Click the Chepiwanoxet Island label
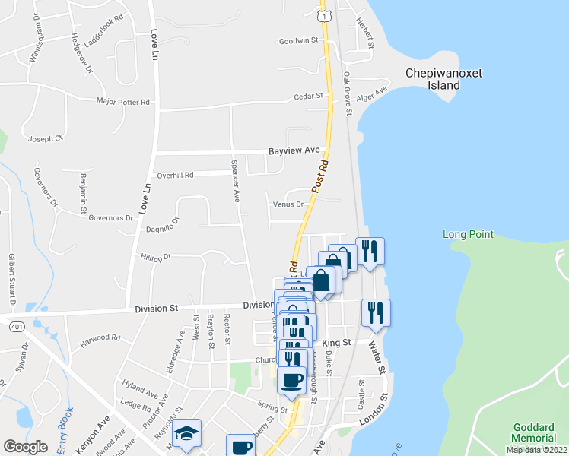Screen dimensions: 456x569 [x=443, y=80]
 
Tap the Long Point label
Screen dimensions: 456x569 [x=469, y=235]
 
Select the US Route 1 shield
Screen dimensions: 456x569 [x=324, y=15]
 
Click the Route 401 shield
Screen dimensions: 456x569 [x=16, y=326]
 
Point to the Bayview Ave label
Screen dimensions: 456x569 [x=294, y=151]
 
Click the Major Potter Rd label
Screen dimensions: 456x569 [x=123, y=101]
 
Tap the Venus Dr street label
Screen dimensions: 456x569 [x=288, y=204]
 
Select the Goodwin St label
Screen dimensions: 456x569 [x=297, y=41]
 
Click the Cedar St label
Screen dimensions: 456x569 [x=310, y=97]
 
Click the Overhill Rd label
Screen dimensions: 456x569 [x=175, y=175]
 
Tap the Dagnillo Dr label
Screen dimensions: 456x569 [x=164, y=224]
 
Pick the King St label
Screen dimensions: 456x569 [x=335, y=343]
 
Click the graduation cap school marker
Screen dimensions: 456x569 [x=186, y=433]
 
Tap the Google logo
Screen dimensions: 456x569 [x=25, y=447]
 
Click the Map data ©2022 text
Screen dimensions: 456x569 [x=537, y=450]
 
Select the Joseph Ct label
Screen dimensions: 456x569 [x=44, y=139]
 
